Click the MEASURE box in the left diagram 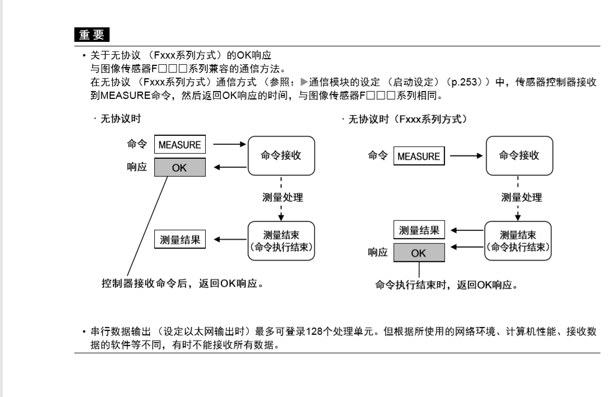click(179, 145)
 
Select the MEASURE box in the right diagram click(418, 156)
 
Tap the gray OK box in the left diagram click(179, 167)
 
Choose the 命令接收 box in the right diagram click(518, 156)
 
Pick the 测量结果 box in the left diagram click(179, 240)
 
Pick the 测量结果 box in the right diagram click(418, 230)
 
